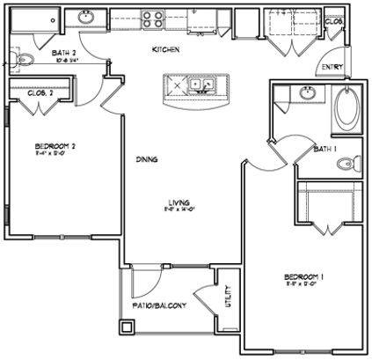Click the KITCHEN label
click(166, 50)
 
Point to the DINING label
click(147, 159)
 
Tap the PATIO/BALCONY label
click(158, 304)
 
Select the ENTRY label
click(332, 67)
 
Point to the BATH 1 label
click(324, 151)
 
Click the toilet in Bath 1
click(351, 164)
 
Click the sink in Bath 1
click(305, 93)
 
